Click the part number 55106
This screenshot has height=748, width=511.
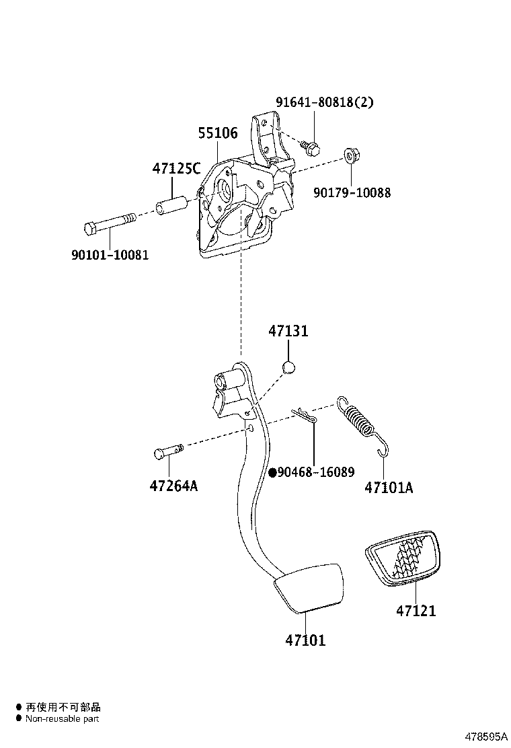218,133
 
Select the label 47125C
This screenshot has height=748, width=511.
175,169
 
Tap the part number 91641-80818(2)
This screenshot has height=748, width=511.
325,102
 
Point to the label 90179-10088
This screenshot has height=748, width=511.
352,193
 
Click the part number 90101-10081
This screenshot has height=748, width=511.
110,255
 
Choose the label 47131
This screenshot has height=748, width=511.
288,331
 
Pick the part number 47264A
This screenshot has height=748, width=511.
173,486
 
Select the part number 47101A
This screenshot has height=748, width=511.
389,486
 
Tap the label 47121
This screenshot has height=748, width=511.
416,611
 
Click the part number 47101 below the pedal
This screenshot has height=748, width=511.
305,640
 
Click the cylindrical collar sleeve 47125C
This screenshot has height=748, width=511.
171,204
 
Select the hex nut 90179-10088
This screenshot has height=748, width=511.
350,156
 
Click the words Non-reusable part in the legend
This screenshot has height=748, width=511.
62,719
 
